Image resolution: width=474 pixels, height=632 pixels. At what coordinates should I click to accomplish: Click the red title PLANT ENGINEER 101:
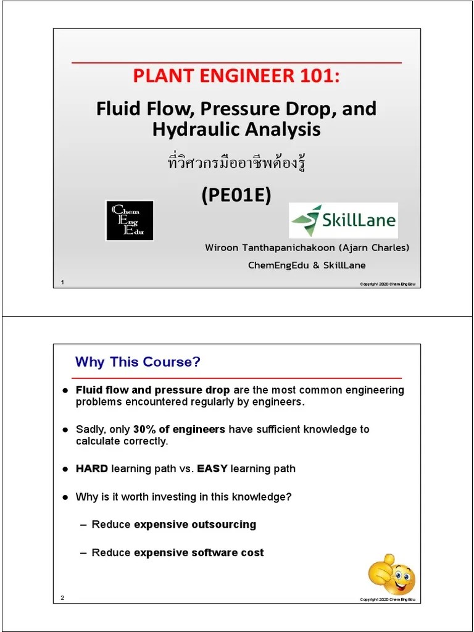[236, 77]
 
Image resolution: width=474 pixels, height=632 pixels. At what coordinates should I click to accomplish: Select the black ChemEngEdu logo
[130, 220]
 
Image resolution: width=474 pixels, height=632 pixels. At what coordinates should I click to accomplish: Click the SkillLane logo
[343, 220]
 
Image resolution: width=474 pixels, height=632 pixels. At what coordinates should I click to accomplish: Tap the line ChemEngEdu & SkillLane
[307, 265]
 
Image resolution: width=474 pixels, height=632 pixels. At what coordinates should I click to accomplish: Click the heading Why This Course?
[138, 362]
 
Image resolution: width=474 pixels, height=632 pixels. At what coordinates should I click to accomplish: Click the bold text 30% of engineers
[179, 429]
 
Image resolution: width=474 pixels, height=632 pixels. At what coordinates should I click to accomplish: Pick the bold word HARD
[92, 468]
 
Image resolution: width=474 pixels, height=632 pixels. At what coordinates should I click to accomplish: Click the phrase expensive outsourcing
[195, 524]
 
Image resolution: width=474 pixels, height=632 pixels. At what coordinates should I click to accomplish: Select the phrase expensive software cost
[199, 552]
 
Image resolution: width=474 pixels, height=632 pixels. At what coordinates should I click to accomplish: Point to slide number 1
[62, 283]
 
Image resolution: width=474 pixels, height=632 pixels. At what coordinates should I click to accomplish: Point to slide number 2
[62, 598]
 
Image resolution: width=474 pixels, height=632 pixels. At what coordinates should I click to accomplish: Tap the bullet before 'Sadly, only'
[65, 430]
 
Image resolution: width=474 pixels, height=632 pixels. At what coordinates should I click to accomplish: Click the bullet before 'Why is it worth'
[65, 497]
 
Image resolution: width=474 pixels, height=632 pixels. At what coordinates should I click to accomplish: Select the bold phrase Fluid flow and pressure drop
[152, 390]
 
